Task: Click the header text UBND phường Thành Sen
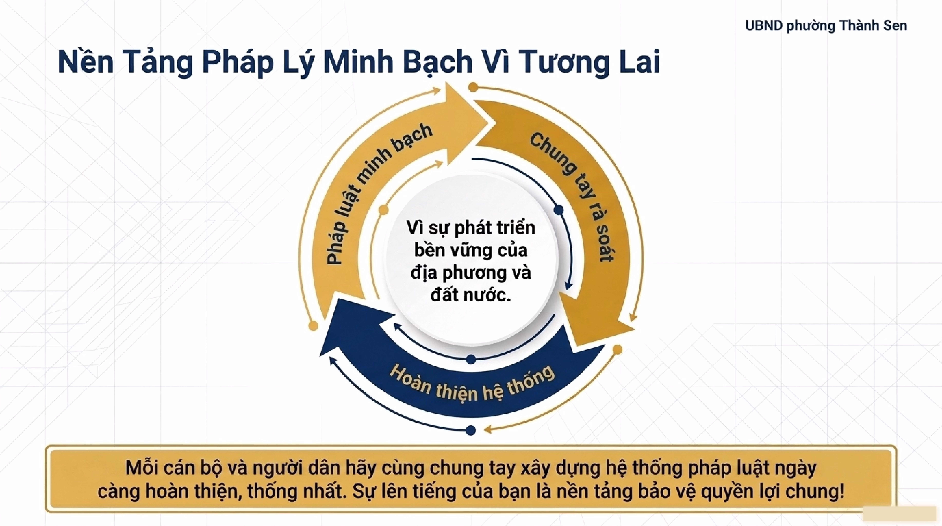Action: tap(826, 26)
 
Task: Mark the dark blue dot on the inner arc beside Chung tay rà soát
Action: tap(558, 210)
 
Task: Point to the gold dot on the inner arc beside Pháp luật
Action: tap(383, 210)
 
